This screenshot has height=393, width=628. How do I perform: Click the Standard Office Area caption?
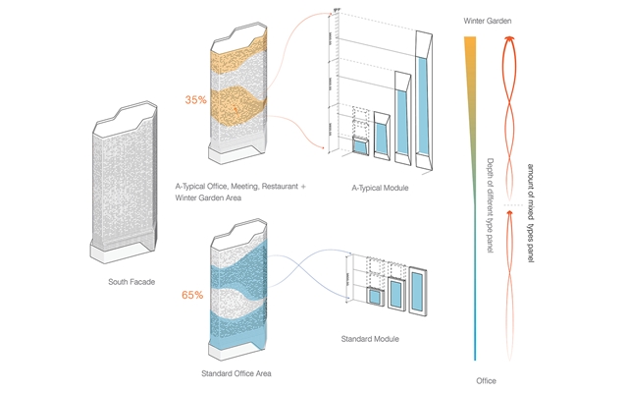pyautogui.click(x=235, y=373)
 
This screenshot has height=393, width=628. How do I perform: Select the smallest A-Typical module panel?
pyautogui.click(x=360, y=148)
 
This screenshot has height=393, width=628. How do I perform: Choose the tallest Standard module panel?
pyautogui.click(x=418, y=289)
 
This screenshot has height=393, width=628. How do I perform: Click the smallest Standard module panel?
pyautogui.click(x=373, y=299)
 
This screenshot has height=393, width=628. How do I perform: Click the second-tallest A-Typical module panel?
pyautogui.click(x=400, y=117)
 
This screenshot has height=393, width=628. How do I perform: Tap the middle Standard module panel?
pyautogui.click(x=395, y=294)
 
